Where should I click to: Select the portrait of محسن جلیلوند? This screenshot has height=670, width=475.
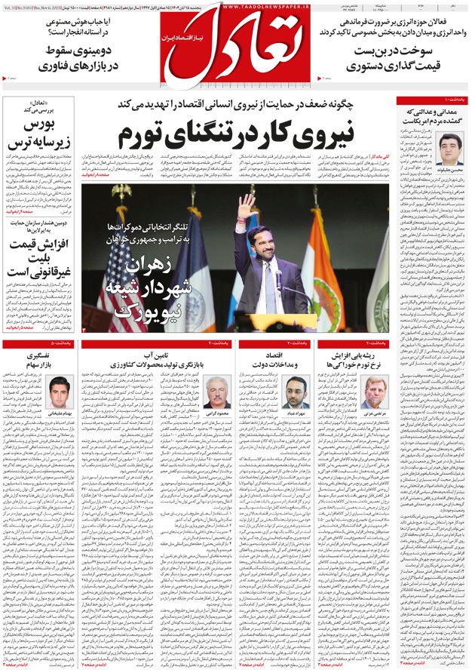point(451,149)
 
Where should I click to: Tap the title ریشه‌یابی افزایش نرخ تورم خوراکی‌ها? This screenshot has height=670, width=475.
point(356,359)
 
